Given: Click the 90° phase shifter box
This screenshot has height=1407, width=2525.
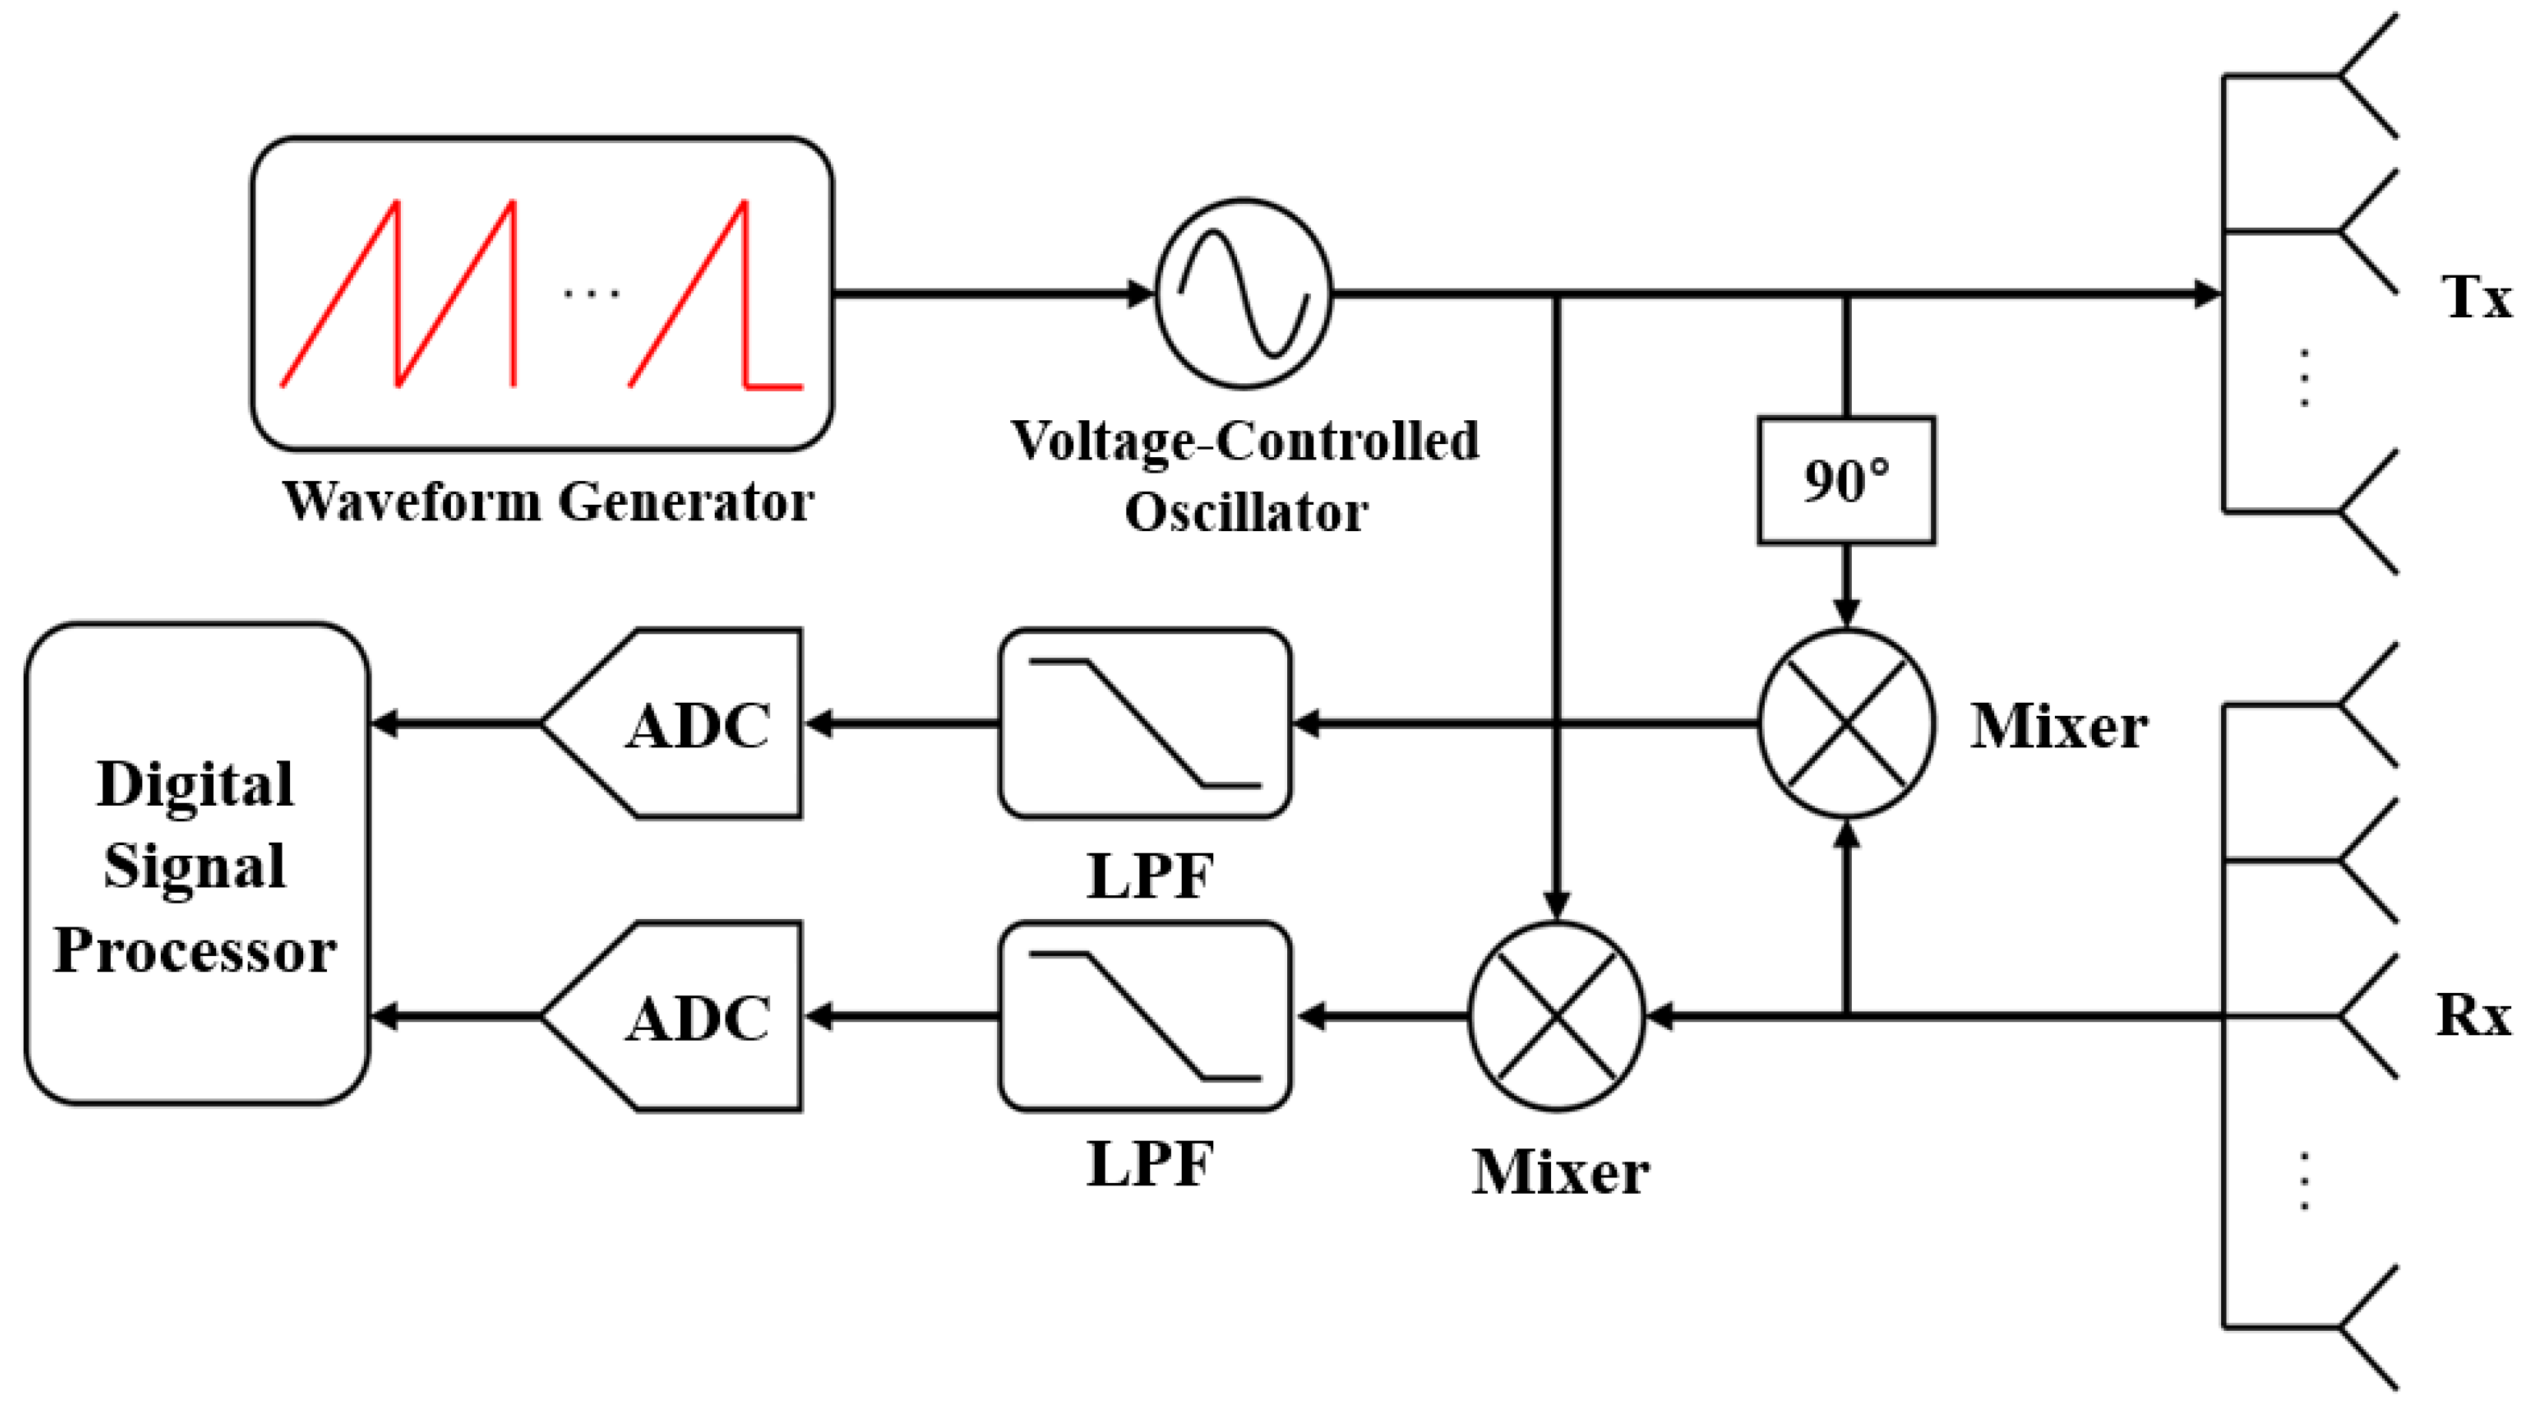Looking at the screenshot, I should pos(1846,480).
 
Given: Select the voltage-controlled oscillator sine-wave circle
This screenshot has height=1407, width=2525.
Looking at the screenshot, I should pos(1244,292).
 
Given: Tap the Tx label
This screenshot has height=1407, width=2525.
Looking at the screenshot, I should pos(2476,297).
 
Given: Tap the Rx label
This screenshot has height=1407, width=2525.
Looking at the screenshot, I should pos(2473,1016).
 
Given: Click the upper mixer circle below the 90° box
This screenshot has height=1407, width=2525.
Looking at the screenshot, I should pos(1846,724).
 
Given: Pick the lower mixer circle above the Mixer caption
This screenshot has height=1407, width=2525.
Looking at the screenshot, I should pos(1556,1017).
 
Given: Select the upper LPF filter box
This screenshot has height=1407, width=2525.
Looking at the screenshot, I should pos(1145,724).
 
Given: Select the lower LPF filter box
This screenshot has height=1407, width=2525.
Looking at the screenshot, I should pos(1145,1017).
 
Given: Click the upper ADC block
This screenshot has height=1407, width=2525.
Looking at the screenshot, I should pos(686,724).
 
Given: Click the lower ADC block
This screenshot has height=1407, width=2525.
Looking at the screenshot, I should pos(686,1017).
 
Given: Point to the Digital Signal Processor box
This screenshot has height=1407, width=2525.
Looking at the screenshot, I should pos(196,864).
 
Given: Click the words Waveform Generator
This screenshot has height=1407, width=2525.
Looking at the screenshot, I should pos(548,502).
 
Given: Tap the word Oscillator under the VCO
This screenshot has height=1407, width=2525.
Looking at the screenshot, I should pos(1245,513).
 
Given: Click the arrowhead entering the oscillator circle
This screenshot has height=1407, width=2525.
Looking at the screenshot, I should pos(1140,292).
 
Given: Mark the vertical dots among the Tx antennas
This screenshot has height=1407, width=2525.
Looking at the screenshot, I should pos(2304,377).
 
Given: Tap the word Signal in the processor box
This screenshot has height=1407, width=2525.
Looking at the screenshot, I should pos(195,867).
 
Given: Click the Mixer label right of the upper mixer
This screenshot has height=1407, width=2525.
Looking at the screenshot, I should pos(2059,727).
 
